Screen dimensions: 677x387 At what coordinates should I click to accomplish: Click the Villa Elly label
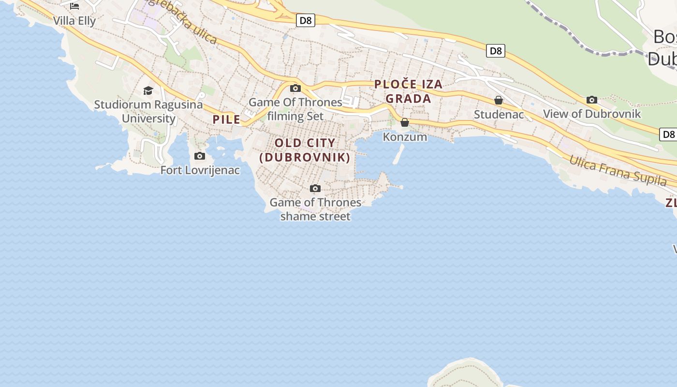tap(74, 21)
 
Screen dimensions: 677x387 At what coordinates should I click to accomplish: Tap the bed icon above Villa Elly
tap(74, 6)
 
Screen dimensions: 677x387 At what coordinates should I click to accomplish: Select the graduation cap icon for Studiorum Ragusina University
tap(148, 90)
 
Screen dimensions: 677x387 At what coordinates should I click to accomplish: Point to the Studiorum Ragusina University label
tap(148, 111)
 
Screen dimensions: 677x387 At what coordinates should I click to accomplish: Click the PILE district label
tap(226, 119)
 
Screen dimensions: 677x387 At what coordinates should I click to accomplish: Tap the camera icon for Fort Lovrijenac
tap(199, 156)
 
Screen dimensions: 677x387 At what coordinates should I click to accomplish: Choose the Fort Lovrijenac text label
tap(200, 170)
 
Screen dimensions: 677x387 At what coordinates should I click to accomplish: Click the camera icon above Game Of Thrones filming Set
tap(295, 88)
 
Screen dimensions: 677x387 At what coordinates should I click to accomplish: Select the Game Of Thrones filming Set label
tap(295, 109)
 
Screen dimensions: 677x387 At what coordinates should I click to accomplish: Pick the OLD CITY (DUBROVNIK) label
tap(305, 150)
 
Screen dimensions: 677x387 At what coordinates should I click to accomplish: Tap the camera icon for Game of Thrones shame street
tap(315, 188)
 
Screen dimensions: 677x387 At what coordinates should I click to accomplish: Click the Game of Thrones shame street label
tap(315, 209)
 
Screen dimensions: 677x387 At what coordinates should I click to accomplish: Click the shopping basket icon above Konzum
tap(405, 123)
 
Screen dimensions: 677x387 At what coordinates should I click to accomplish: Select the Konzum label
tap(405, 137)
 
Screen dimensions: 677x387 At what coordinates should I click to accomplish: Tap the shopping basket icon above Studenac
tap(499, 100)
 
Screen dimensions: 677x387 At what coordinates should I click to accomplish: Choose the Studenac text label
tap(499, 115)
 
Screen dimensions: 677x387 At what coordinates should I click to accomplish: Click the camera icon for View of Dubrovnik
tap(591, 100)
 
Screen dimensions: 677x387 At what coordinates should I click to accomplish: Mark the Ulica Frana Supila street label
tap(618, 171)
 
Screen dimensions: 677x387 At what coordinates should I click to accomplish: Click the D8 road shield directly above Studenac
tap(496, 51)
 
